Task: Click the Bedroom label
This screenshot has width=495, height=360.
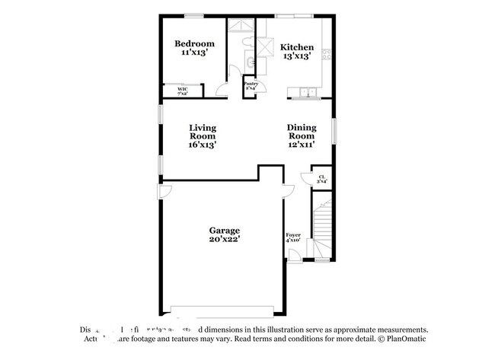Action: click(194, 43)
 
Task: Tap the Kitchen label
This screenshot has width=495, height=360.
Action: click(297, 45)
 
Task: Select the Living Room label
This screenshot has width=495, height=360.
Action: click(203, 135)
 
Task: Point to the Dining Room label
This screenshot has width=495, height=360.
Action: click(301, 135)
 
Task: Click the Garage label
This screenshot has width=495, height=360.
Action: click(225, 230)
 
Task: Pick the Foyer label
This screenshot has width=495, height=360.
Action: click(293, 236)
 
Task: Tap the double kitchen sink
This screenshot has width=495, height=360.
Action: click(308, 93)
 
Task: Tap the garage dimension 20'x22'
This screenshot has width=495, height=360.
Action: click(225, 240)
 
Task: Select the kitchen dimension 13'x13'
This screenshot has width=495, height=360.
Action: click(297, 55)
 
